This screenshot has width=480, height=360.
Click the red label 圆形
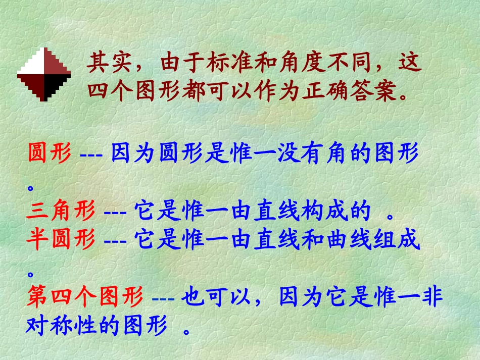[x=49, y=153]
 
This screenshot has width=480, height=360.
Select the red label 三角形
[x=61, y=212]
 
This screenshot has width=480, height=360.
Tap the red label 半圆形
[x=61, y=241]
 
